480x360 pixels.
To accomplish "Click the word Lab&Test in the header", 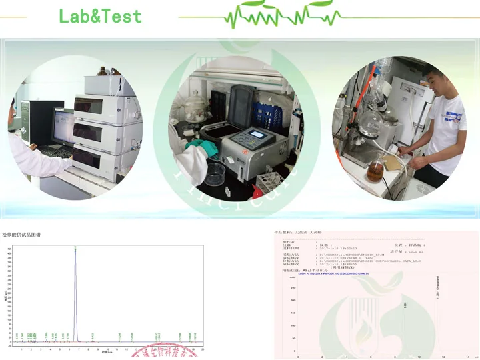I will (x=100, y=16).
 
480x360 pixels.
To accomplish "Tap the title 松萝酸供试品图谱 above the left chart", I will (x=21, y=235).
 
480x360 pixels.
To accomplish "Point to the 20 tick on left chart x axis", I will (x=203, y=349).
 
